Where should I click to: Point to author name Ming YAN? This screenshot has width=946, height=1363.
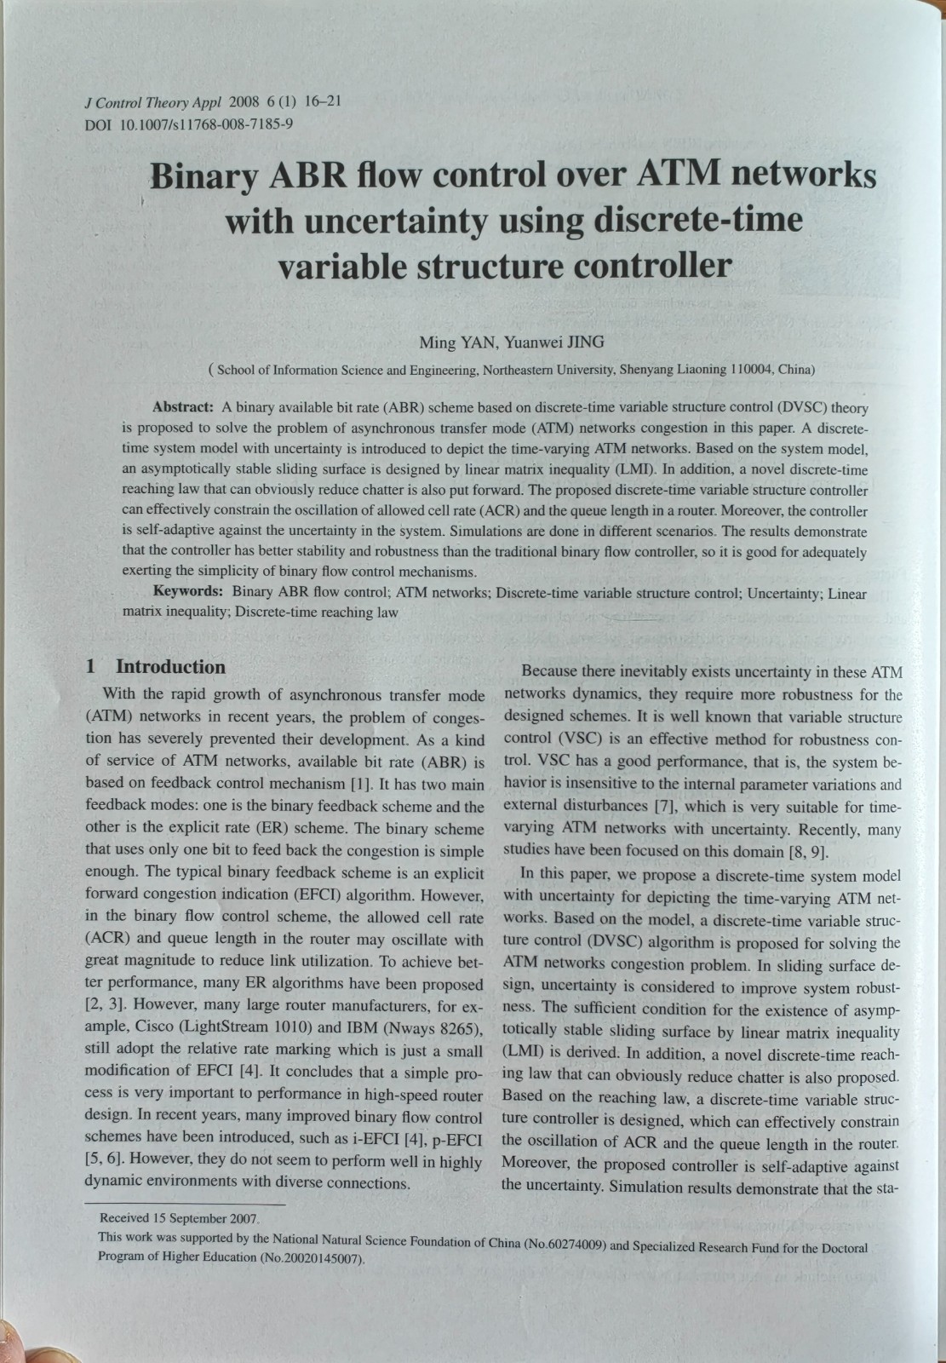click(x=457, y=342)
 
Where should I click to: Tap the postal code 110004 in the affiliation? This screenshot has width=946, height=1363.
click(x=752, y=370)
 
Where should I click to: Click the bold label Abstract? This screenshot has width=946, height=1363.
click(x=182, y=407)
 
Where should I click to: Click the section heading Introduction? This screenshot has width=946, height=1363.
click(x=170, y=666)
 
